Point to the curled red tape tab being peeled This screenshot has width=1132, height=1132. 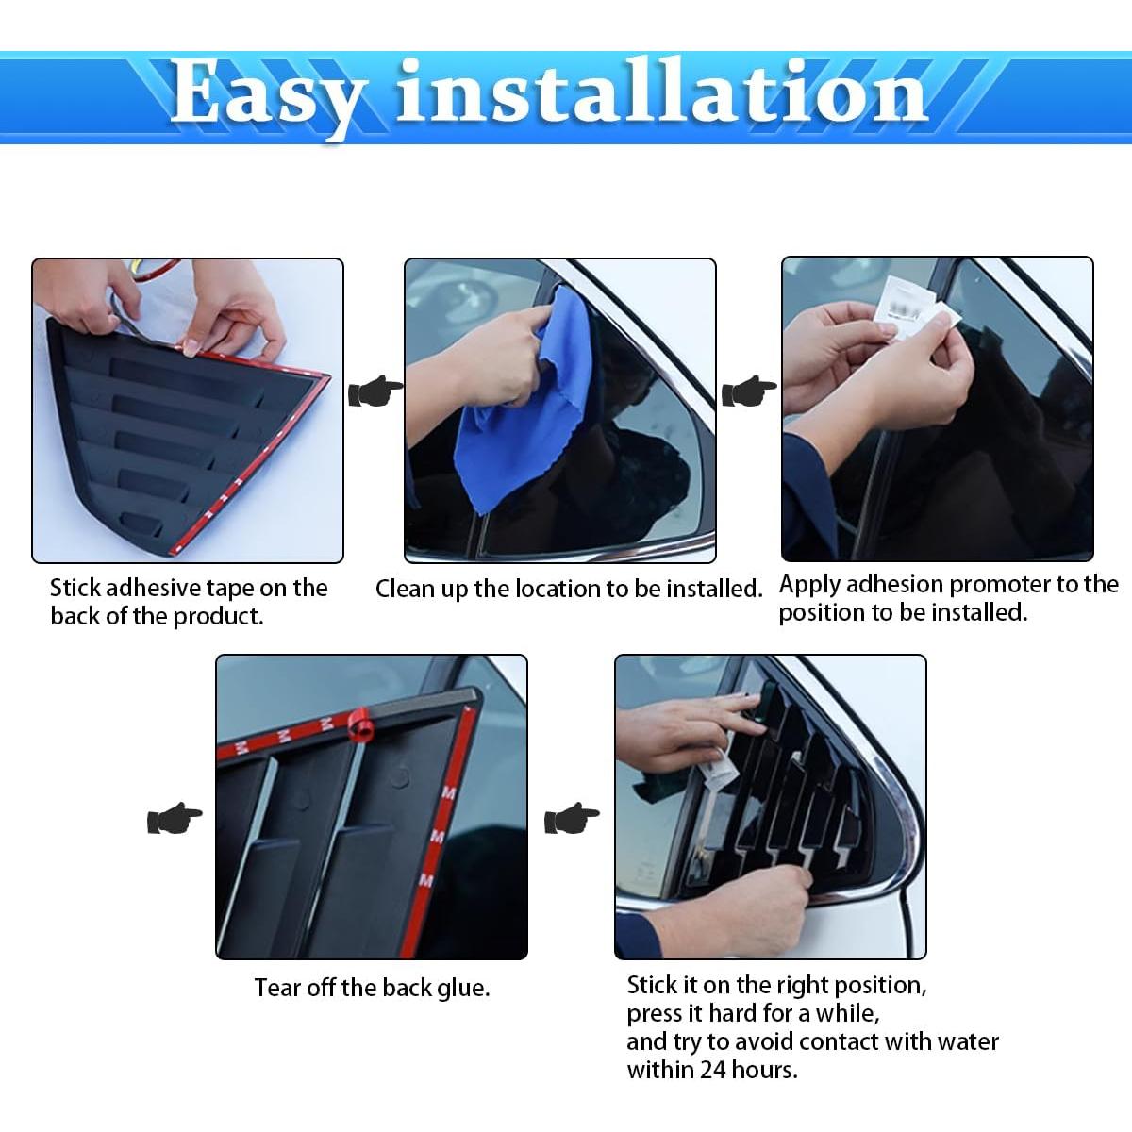[361, 724]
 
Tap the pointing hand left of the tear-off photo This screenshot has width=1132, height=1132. [175, 818]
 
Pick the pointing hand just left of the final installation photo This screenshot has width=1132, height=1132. [572, 818]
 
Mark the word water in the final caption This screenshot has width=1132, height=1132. [968, 1041]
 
